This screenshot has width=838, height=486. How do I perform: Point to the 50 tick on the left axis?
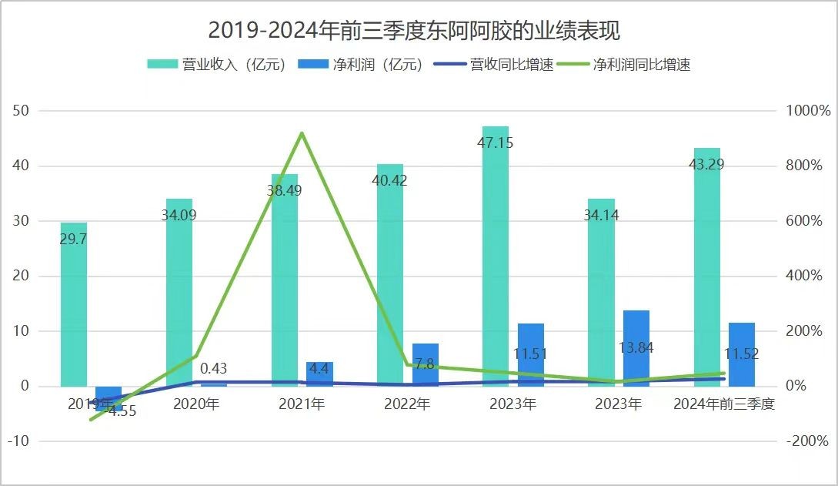21,111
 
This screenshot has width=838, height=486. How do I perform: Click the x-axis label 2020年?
196,404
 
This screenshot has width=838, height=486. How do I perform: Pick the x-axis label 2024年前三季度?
723,404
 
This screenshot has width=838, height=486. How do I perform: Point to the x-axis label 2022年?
407,404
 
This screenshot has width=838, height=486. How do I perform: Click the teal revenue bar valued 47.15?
496,254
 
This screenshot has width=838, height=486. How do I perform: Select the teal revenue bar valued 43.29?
706,266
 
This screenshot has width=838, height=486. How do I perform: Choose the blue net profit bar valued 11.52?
742,354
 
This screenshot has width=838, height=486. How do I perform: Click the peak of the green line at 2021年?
302,133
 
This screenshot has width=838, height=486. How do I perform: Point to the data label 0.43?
213,369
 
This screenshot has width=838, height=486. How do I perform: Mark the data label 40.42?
389,181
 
